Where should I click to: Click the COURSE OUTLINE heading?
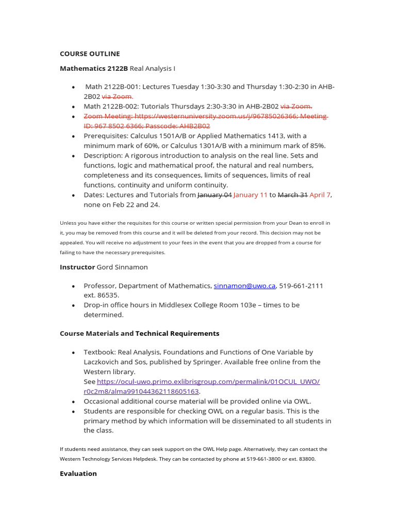click(x=90, y=54)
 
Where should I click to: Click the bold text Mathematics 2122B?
click(x=93, y=68)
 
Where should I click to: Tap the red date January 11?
click(x=251, y=195)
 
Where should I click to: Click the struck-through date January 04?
click(x=214, y=195)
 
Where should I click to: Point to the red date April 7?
click(x=320, y=195)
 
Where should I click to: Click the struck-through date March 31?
click(x=293, y=195)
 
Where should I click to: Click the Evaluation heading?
click(x=78, y=473)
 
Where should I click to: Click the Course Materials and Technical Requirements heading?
click(x=139, y=333)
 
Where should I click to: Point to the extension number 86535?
click(x=108, y=295)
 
